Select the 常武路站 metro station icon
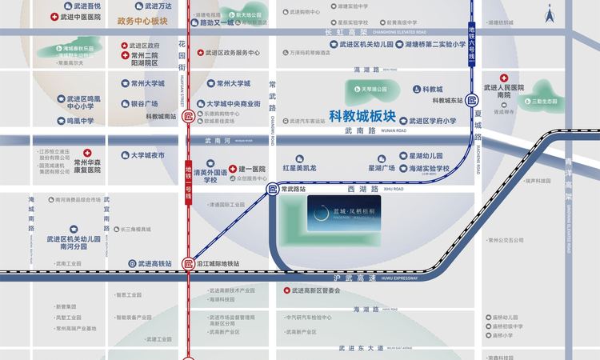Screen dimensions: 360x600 [272, 190]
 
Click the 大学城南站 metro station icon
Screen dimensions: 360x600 [188, 117]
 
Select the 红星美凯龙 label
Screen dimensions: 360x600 [299, 169]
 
